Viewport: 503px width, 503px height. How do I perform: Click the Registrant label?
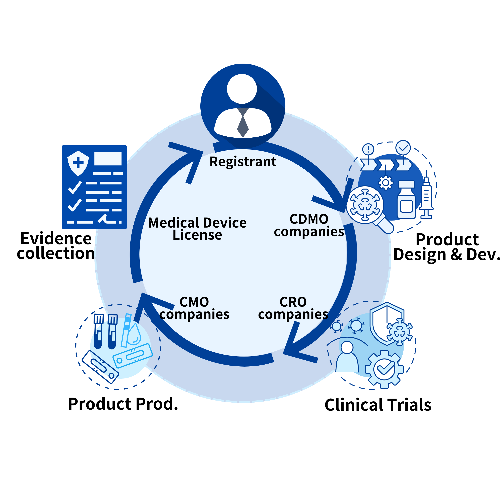coord(243,162)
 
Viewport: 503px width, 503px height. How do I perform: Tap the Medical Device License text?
coord(197,229)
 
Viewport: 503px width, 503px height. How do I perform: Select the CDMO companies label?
coord(309,225)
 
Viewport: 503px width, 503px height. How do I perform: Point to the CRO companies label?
coord(293,308)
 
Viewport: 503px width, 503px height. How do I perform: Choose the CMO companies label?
coord(194,308)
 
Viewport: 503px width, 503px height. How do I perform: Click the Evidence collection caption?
coord(56,246)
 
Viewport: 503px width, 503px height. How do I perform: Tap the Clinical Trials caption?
coord(378,405)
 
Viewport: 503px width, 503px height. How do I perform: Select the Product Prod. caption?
coord(123,404)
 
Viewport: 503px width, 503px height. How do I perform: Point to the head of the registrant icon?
coord(242,89)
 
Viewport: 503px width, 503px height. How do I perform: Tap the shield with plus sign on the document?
coord(78,163)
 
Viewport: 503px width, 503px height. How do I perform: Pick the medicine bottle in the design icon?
coord(406,200)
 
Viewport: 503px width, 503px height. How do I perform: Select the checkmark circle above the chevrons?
coord(403,148)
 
